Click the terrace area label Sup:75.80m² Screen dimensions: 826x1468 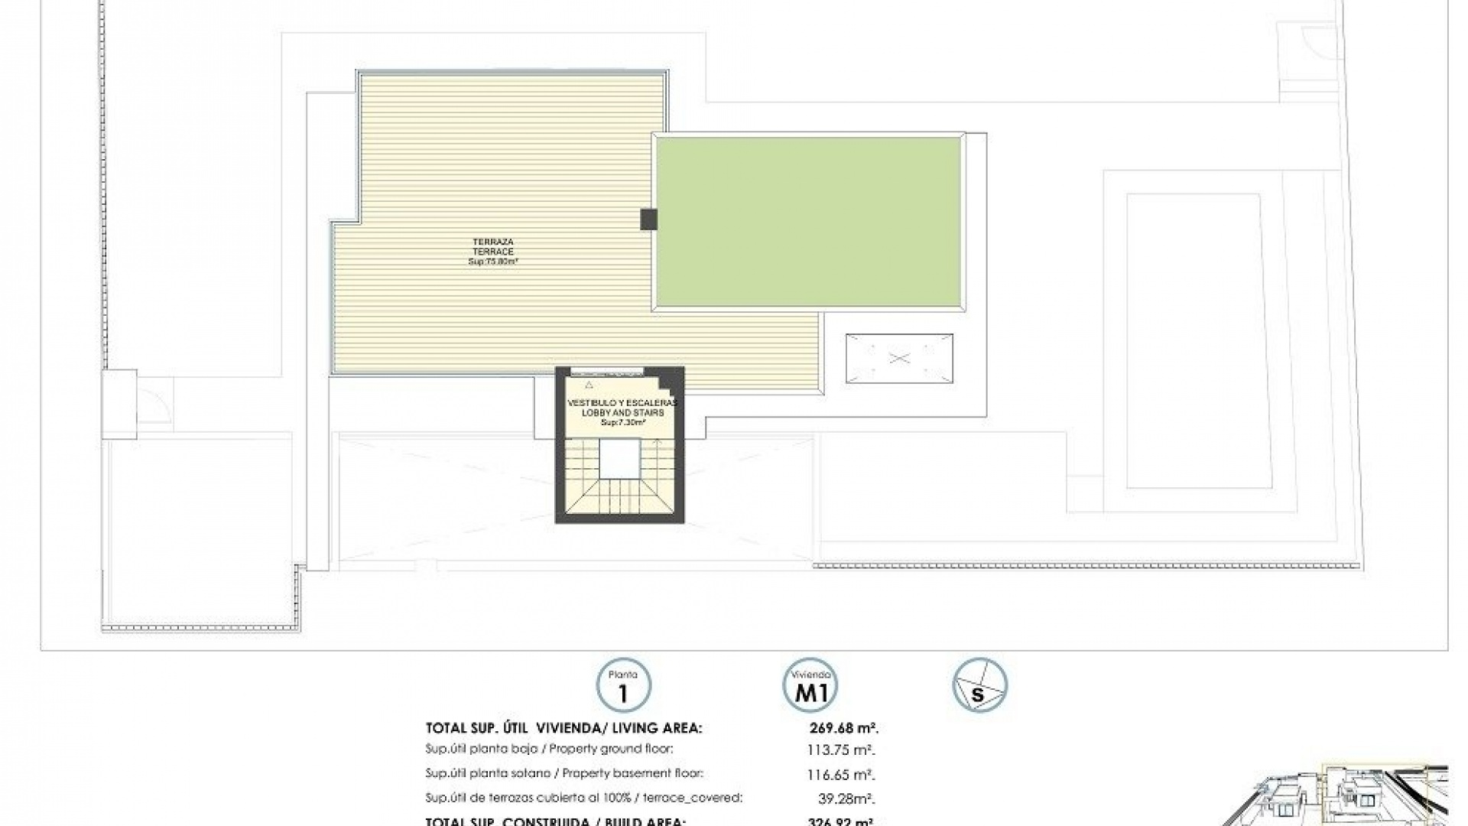493,262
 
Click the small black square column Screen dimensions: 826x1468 648,220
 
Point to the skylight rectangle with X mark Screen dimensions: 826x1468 899,358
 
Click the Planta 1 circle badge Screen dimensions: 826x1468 623,686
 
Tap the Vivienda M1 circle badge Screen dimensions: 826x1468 810,686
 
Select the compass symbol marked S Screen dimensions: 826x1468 979,686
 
